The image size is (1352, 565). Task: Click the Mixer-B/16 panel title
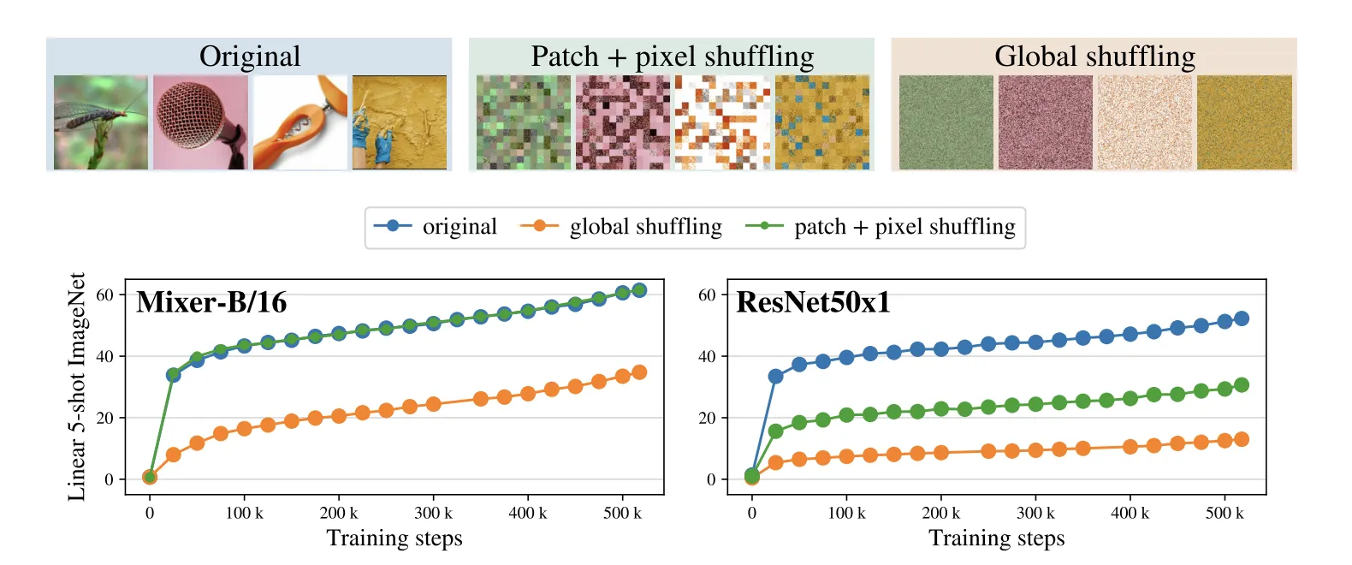[x=211, y=302]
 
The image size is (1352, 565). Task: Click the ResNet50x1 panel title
[x=813, y=302]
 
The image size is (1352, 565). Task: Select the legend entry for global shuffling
[x=645, y=227]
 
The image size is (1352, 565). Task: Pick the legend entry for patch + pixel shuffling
[x=904, y=227]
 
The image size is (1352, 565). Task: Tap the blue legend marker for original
[x=393, y=226]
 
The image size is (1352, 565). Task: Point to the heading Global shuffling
[x=1094, y=56]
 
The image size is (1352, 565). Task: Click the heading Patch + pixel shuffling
[x=672, y=56]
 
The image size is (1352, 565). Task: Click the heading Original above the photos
[x=250, y=56]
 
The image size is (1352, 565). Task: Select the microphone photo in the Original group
[x=200, y=122]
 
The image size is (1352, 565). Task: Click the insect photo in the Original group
[x=101, y=122]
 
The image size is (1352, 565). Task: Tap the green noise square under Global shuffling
[x=946, y=122]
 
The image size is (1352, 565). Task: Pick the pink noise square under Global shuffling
[x=1045, y=122]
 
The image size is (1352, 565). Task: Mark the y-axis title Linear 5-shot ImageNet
[x=77, y=387]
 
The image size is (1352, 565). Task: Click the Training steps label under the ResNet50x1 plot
[x=996, y=538]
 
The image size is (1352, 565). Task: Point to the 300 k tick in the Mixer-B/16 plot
[x=433, y=513]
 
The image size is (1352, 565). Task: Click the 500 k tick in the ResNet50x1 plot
[x=1225, y=513]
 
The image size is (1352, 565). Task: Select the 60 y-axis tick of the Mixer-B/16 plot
[x=104, y=294]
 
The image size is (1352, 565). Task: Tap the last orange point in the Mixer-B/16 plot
[x=638, y=372]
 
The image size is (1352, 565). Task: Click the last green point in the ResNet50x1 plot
[x=1242, y=385]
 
